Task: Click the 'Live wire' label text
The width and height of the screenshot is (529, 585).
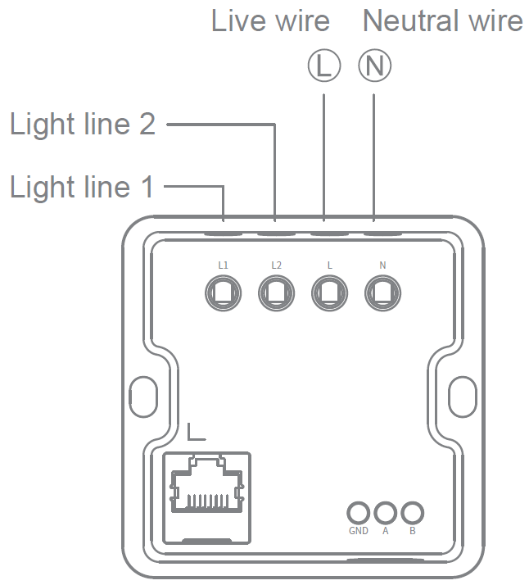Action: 270,21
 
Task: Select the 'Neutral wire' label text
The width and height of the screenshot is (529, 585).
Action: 442,21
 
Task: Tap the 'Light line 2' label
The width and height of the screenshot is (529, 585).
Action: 82,125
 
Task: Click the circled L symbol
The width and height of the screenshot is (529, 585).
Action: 324,66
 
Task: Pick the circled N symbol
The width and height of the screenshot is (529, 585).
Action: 374,66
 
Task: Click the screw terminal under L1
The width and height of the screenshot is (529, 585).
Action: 223,292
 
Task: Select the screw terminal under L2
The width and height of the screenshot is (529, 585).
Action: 275,292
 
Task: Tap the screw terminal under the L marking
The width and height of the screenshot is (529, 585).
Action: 329,292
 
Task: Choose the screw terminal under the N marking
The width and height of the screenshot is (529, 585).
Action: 382,292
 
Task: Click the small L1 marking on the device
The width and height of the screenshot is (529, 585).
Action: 223,265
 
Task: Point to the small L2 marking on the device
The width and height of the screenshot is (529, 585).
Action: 276,265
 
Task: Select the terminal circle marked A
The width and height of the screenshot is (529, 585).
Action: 385,514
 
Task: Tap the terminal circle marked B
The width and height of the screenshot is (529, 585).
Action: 412,514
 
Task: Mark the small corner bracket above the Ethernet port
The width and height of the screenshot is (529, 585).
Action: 194,432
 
